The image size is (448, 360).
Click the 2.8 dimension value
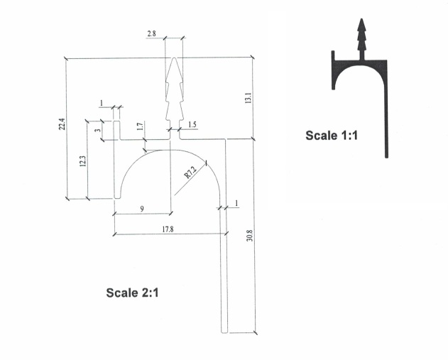click(151, 33)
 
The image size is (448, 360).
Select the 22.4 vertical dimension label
click(62, 124)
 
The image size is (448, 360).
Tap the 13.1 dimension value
click(248, 98)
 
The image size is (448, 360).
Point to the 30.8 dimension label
click(249, 236)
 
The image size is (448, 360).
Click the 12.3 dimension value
click(82, 161)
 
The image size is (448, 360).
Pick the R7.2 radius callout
click(190, 173)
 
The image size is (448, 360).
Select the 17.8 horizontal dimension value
click(168, 229)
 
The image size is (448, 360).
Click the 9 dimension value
click(142, 209)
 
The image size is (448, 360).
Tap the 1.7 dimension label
click(139, 126)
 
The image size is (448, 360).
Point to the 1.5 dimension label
click(192, 124)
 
